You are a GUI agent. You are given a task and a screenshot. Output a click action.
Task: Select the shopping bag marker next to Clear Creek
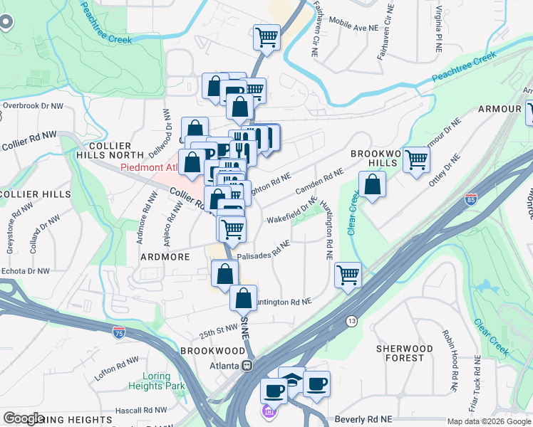tap(372, 186)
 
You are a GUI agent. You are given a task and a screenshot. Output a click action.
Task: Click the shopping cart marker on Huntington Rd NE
tap(348, 275)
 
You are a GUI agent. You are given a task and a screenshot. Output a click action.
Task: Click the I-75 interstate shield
tap(119, 332)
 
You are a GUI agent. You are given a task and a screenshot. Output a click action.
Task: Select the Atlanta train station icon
tap(247, 366)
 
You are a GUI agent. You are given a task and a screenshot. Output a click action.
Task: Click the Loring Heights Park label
tap(150, 381)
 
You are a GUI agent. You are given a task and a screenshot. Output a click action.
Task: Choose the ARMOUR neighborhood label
tap(500, 109)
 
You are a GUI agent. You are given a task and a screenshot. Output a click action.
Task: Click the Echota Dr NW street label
tap(25, 271)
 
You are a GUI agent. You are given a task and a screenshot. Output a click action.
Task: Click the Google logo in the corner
tap(24, 418)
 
